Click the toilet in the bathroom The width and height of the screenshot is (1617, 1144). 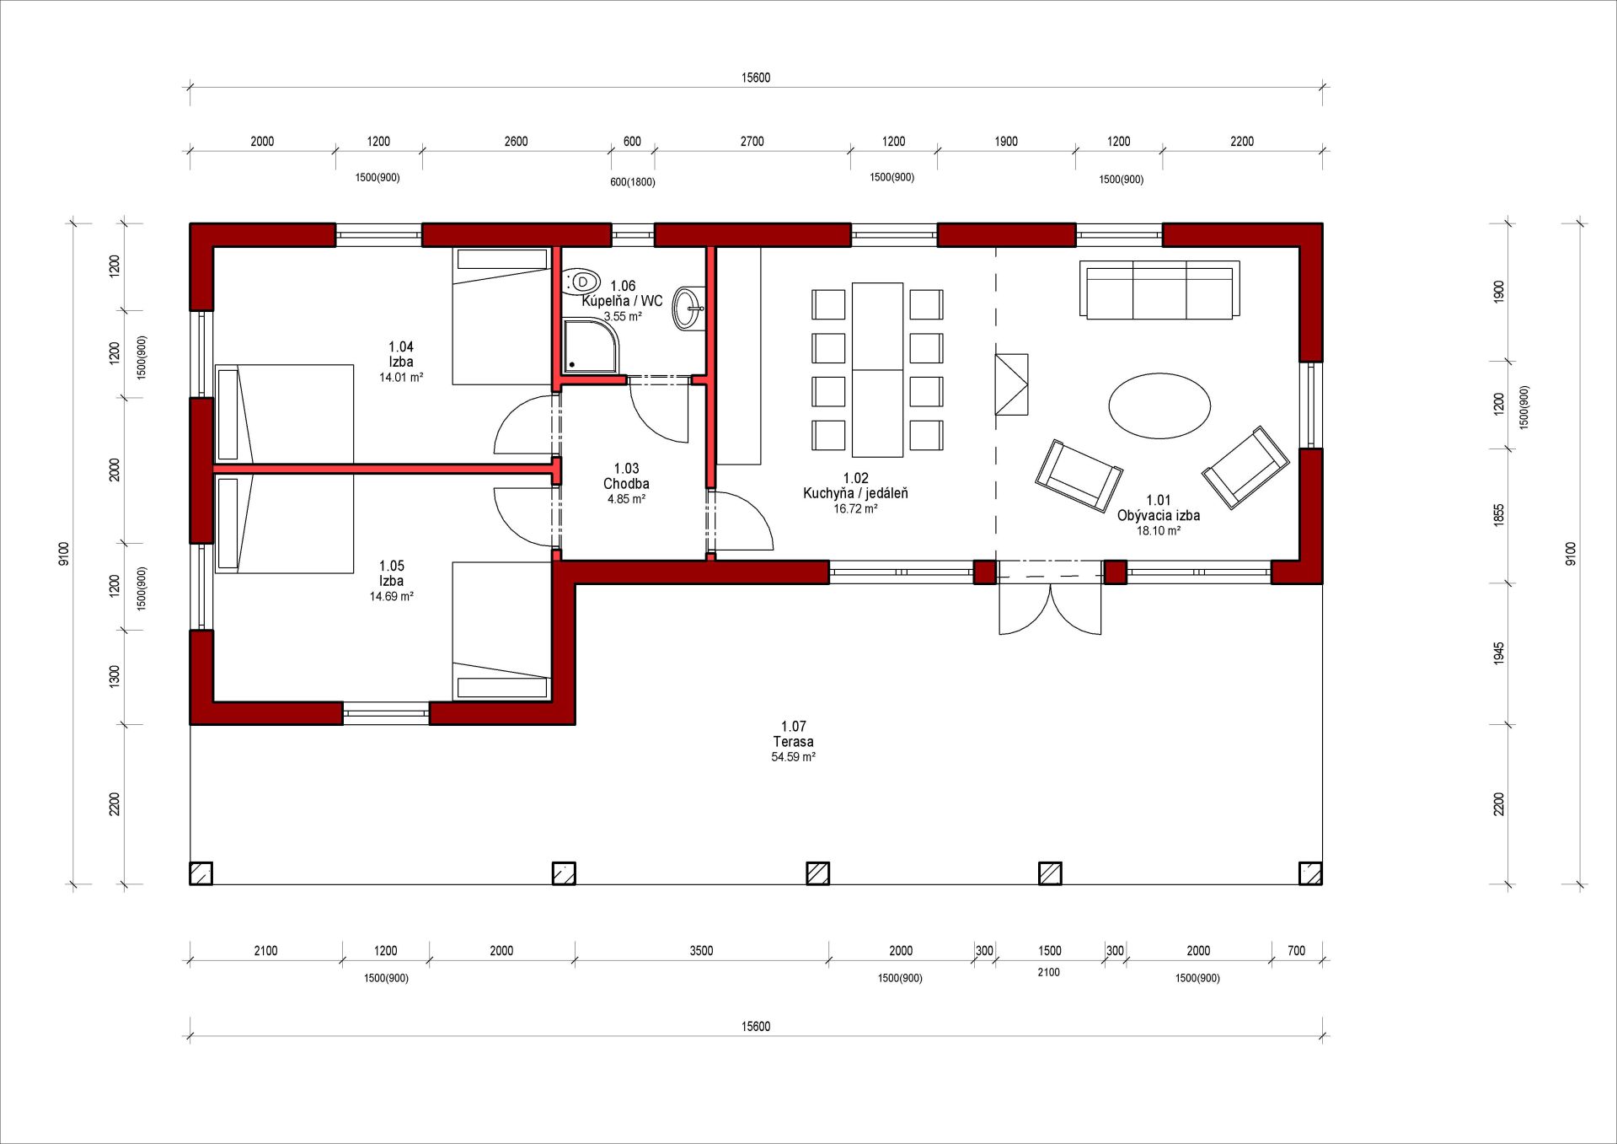click(x=581, y=282)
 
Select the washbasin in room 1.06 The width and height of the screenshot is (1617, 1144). click(x=688, y=309)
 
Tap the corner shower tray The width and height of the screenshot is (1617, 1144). click(x=590, y=346)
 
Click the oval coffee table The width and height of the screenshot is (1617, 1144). click(x=1159, y=406)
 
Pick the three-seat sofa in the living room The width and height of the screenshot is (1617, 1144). click(x=1159, y=290)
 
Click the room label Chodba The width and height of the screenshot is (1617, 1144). click(x=626, y=484)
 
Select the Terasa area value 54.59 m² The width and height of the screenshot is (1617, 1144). click(x=793, y=757)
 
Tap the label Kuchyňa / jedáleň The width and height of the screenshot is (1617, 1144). click(x=855, y=493)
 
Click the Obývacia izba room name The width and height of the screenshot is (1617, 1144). click(x=1159, y=515)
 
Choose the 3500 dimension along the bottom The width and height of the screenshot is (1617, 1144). click(x=701, y=951)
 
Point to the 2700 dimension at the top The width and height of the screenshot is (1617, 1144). click(x=752, y=142)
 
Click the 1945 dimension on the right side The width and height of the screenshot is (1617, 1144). click(x=1499, y=653)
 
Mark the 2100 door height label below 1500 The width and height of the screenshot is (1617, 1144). click(x=1048, y=972)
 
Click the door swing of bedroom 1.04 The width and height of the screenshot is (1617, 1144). click(x=524, y=424)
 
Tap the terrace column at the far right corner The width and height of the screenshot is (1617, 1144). click(x=1310, y=873)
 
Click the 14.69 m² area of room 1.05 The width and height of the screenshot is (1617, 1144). click(x=391, y=596)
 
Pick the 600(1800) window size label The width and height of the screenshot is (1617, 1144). click(x=632, y=182)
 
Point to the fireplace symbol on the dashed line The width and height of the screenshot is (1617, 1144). click(x=1011, y=384)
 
